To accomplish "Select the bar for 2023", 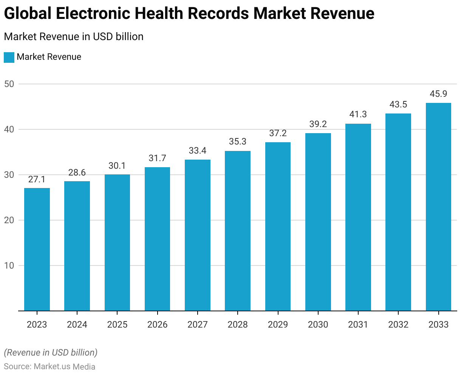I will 37,249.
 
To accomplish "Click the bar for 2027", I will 198,235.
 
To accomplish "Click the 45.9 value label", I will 438,94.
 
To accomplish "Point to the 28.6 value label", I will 77,172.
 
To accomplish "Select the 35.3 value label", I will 238,142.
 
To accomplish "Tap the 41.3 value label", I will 358,114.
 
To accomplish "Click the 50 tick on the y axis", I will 9,84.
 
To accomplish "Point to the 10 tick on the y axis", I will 9,266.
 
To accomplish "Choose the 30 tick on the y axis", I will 9,175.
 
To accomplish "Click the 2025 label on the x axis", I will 117,325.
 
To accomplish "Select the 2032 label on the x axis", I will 398,325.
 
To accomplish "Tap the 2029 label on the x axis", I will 278,325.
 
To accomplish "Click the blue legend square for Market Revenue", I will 9,57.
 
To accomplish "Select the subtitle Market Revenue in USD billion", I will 74,37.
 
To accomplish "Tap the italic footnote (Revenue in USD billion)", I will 51,353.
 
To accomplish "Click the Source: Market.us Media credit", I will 50,367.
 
